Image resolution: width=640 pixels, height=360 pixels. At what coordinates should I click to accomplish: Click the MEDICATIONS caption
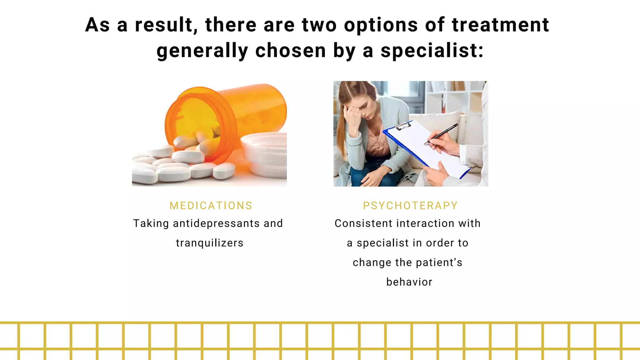211,206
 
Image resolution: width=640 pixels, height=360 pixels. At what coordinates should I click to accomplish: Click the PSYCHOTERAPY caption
410,206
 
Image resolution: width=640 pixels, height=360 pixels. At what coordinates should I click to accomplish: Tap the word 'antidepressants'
216,223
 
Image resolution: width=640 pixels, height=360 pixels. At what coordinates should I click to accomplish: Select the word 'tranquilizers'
210,243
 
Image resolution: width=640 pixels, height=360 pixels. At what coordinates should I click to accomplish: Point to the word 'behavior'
409,282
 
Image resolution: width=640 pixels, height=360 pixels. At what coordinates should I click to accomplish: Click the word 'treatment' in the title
500,25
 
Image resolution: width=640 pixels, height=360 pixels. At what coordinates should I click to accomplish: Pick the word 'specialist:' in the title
432,51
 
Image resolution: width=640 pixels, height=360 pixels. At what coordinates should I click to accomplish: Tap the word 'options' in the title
381,25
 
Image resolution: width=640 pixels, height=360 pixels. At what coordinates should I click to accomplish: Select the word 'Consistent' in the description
363,223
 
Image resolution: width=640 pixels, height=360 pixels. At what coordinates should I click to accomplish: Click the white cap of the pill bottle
266,153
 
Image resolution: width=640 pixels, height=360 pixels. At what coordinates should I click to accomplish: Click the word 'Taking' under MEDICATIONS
151,223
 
